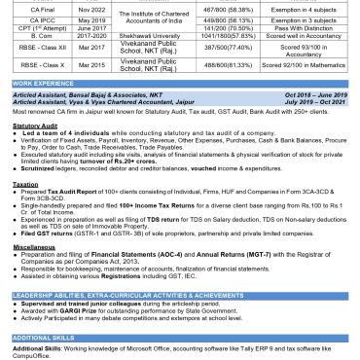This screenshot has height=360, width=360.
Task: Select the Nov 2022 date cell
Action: (90, 6)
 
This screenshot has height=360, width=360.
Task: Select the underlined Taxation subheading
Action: (23, 181)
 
